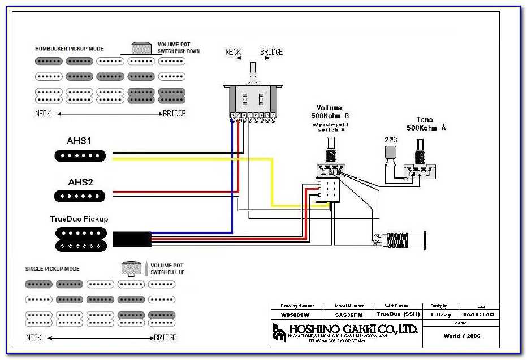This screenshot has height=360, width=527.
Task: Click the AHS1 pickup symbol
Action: click(x=80, y=155)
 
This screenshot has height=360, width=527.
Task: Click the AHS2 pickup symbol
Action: click(x=80, y=196)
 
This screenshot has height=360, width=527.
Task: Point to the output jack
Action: click(x=401, y=239)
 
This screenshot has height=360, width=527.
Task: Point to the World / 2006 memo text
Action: click(x=463, y=336)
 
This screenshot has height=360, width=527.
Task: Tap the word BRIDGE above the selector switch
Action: click(x=271, y=52)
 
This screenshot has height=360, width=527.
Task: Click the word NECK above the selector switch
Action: click(x=234, y=52)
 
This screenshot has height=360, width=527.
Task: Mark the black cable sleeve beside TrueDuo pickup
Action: click(x=131, y=239)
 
